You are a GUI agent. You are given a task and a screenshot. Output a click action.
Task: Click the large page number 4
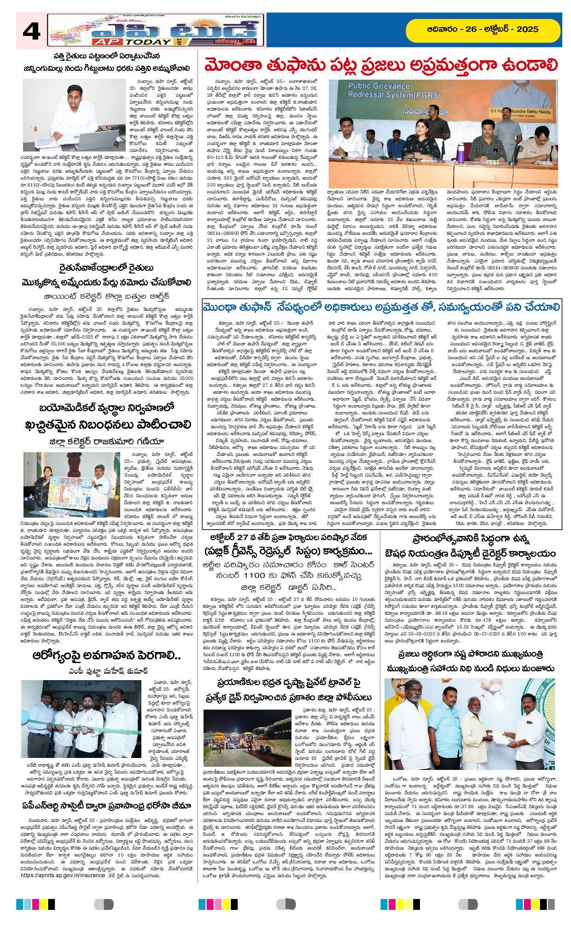tap(31, 32)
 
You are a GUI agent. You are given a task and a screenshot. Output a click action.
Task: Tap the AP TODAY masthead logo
tap(157, 29)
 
